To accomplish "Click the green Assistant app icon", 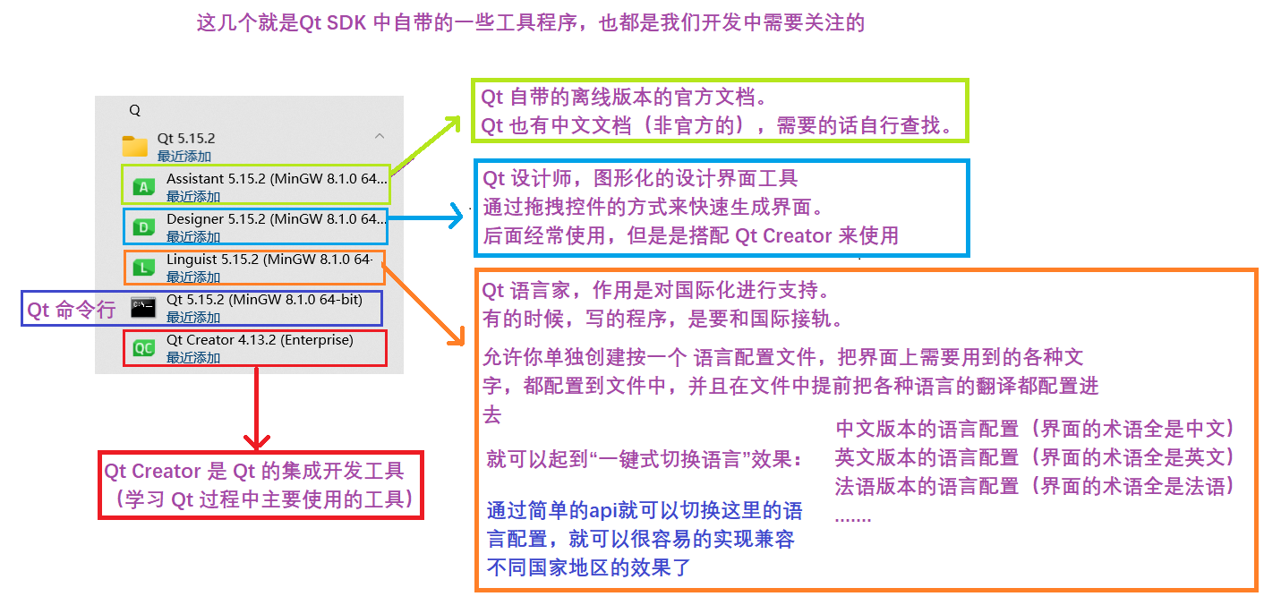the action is click(144, 186).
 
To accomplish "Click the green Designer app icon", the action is click(144, 227).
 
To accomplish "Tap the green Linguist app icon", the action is click(144, 267).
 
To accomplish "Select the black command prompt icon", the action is click(144, 308).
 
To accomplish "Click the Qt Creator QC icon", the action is click(144, 348).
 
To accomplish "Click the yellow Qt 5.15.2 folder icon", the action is click(135, 146).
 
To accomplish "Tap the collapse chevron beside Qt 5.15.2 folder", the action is click(380, 137).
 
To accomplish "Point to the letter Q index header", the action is click(135, 110).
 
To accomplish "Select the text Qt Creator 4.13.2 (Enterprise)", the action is click(260, 340).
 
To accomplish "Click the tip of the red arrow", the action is click(257, 444).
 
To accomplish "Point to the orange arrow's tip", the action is click(459, 342).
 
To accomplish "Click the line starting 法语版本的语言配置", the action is click(1035, 486).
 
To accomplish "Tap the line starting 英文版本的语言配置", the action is click(1035, 457).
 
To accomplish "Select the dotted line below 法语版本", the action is click(852, 516).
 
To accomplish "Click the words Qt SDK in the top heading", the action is click(333, 23).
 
